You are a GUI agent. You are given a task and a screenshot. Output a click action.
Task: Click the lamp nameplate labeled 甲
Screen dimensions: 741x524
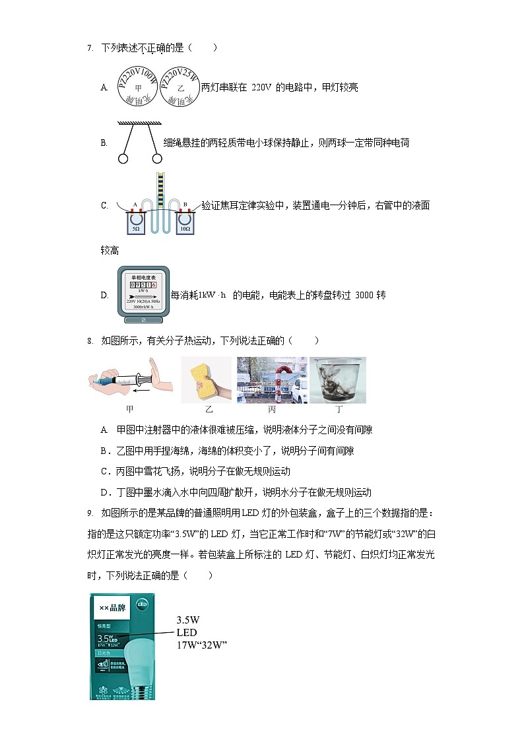click(138, 87)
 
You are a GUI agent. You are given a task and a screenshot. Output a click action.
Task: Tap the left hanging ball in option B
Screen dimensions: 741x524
click(122, 158)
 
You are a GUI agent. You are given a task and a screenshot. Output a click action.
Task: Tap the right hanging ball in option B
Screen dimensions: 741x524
click(157, 158)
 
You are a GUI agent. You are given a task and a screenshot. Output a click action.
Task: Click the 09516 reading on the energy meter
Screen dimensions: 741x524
click(143, 284)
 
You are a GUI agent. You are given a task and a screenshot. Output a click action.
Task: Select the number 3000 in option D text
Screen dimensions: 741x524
click(364, 295)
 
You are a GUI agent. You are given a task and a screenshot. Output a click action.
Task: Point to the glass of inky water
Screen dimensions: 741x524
click(338, 379)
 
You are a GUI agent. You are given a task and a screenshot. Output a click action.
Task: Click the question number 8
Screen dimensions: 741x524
click(89, 341)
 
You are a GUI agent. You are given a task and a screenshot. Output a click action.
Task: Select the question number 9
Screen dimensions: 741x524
click(89, 513)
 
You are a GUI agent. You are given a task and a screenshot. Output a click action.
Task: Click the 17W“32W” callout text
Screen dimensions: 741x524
click(201, 645)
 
